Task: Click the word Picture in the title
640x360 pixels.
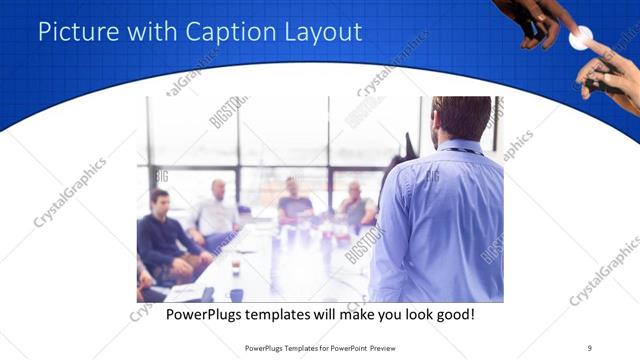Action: click(x=75, y=32)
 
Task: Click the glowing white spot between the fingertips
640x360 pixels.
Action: click(x=578, y=39)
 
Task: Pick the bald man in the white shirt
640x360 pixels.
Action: click(x=217, y=211)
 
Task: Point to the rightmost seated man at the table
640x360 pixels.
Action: click(x=355, y=204)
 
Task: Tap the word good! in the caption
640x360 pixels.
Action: click(x=452, y=314)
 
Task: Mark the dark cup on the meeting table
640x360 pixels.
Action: click(x=234, y=268)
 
